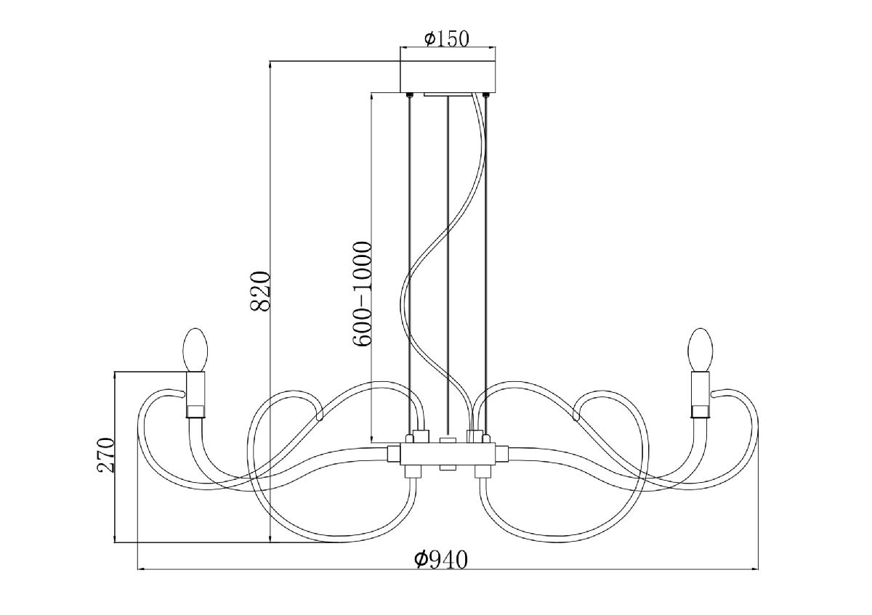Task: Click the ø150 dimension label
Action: click(x=447, y=38)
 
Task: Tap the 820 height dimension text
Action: click(x=260, y=291)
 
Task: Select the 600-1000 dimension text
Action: click(x=362, y=293)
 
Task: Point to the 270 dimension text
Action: click(x=105, y=455)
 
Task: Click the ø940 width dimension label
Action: click(x=440, y=560)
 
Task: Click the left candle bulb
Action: click(x=195, y=350)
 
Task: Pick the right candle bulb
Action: click(x=701, y=350)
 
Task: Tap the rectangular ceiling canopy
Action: click(x=448, y=76)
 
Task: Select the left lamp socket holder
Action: click(x=195, y=394)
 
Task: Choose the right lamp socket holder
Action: click(x=701, y=394)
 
